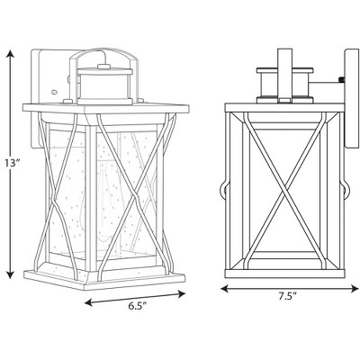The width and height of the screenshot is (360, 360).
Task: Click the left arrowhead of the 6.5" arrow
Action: coord(85,301)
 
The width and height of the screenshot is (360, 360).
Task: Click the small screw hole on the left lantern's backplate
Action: coord(54,91)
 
